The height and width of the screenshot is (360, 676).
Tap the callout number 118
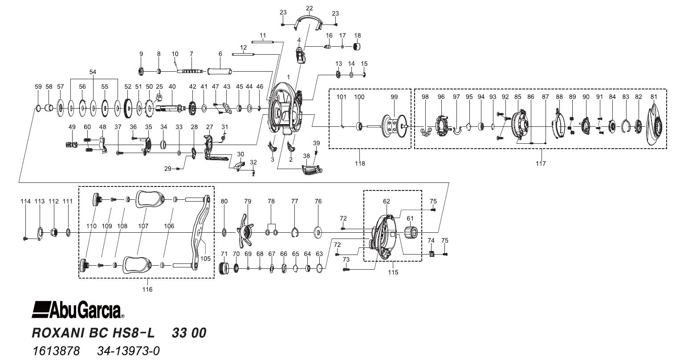point(360,163)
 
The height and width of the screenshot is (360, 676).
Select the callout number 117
point(541,163)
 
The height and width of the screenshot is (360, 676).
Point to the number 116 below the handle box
point(147,289)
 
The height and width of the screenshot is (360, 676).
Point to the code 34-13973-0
point(128,351)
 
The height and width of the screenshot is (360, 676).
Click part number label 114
point(26,202)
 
